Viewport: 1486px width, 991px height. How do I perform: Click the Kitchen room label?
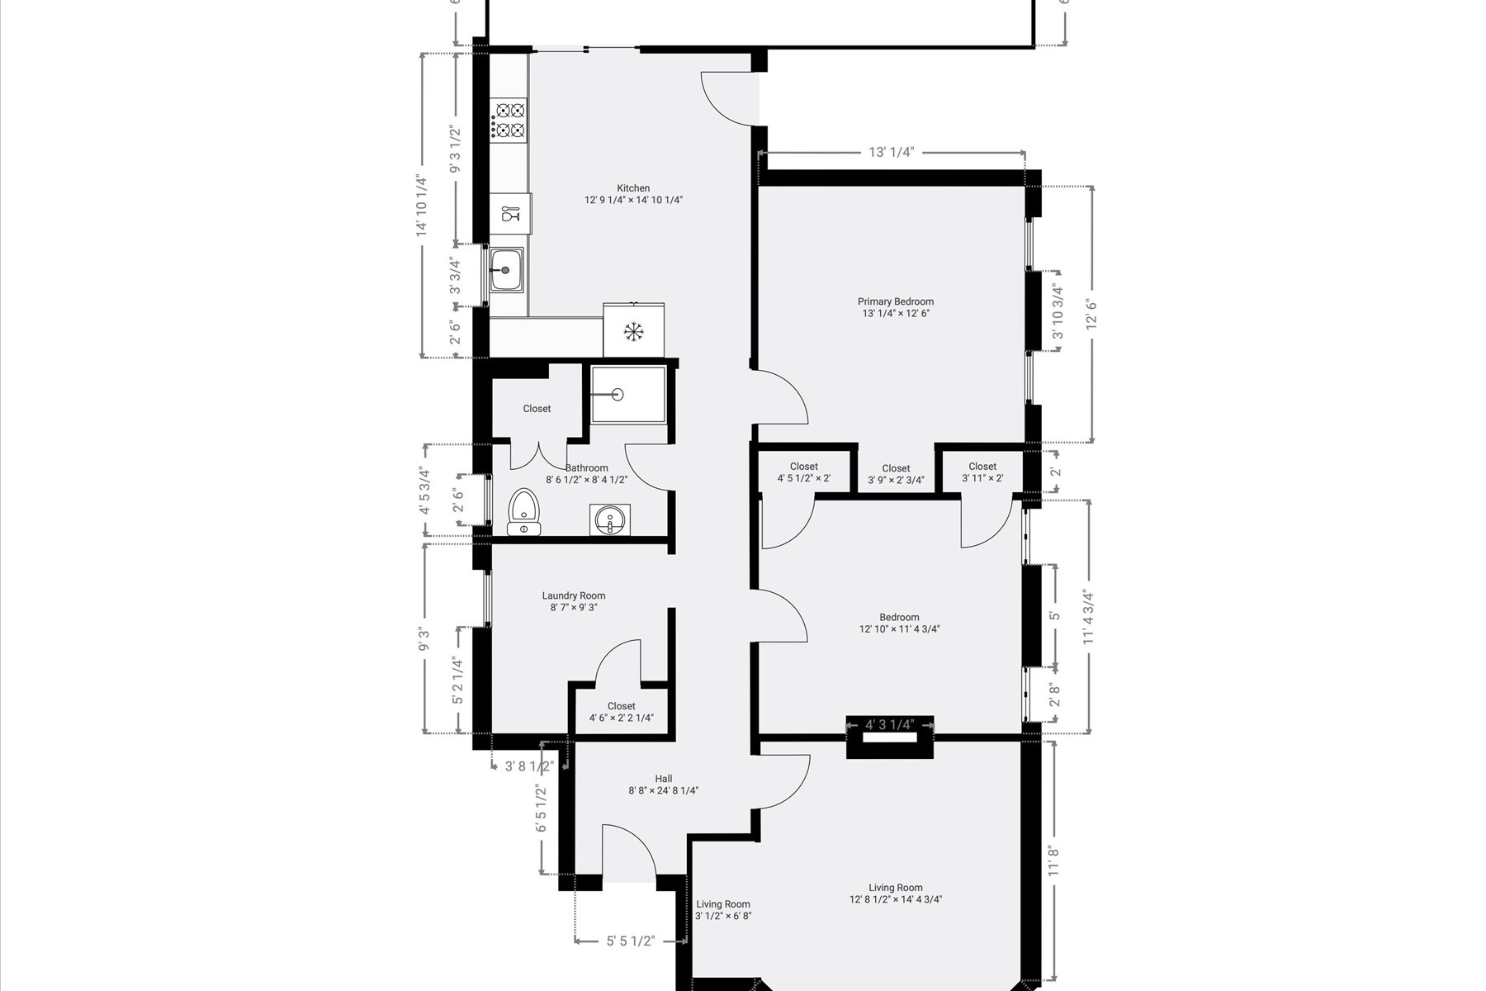pos(633,188)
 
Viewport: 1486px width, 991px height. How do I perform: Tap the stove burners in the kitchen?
pos(509,120)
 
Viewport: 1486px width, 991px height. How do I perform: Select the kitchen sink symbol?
pos(505,270)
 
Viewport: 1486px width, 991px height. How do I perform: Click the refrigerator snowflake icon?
pos(633,332)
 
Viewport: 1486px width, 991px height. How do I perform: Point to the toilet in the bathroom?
pos(523,512)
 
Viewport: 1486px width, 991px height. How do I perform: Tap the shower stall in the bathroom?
pos(628,394)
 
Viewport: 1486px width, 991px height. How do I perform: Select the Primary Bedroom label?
pos(896,301)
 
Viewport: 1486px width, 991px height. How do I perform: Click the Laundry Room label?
pos(574,595)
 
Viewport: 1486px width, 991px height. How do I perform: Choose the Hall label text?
pos(664,779)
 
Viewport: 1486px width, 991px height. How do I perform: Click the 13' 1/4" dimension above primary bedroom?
pos(892,152)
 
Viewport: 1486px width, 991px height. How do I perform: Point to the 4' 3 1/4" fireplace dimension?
pos(890,725)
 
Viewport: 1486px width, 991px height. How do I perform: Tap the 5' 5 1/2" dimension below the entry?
pos(631,941)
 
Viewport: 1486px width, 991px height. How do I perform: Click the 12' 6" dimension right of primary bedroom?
pos(1092,315)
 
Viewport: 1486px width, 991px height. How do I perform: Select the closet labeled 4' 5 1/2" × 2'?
pos(804,472)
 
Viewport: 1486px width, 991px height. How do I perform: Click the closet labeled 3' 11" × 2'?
pos(982,472)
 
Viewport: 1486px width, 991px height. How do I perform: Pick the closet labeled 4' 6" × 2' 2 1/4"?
pos(621,712)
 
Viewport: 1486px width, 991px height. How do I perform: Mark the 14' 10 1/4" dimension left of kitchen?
pos(422,206)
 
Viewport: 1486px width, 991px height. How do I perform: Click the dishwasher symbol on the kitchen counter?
pos(511,214)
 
